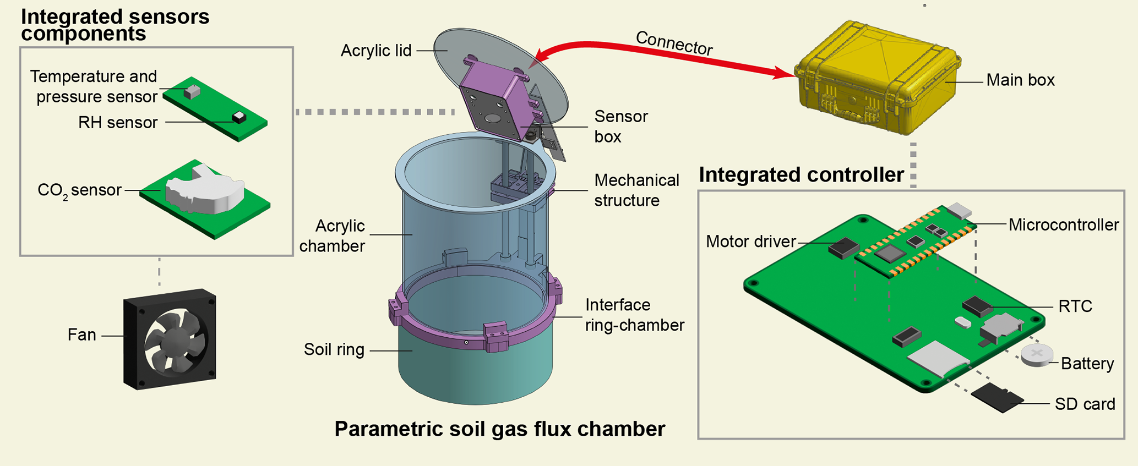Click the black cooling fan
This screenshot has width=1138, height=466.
pos(170,339)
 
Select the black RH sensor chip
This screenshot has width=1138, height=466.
pos(239,117)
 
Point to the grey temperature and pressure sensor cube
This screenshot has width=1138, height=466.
pos(192,91)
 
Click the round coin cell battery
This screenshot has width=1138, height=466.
pos(1036,355)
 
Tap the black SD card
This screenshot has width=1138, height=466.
pos(997,398)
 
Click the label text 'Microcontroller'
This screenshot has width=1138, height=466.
pos(1063,224)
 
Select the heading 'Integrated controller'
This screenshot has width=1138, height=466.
pos(801,175)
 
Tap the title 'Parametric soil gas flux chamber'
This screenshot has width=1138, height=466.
pos(499,429)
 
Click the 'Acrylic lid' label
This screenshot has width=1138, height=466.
pos(376,51)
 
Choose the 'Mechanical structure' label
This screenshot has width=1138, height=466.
pos(636,190)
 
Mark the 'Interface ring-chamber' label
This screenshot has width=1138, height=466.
pos(634,315)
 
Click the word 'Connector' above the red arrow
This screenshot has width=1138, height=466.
pos(674,43)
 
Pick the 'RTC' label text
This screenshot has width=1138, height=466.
pos(1075,306)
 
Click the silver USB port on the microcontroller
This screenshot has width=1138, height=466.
pos(959,211)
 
